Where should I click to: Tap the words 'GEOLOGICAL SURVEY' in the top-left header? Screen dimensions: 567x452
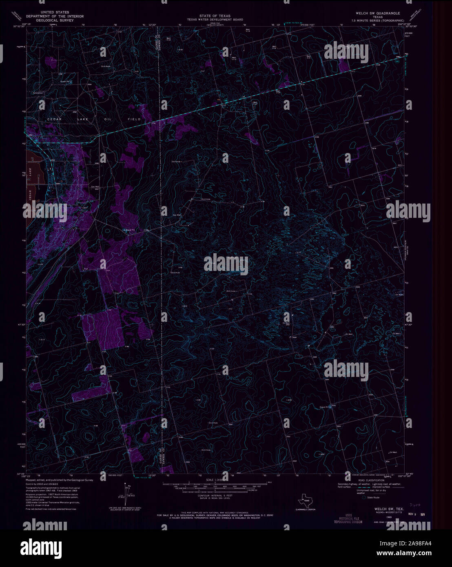pyautogui.click(x=55, y=20)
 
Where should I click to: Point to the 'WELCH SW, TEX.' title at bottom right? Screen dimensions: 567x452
pyautogui.click(x=384, y=509)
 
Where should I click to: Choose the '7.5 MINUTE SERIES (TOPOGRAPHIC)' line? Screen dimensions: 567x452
pyautogui.click(x=377, y=20)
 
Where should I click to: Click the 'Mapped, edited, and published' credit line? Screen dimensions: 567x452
pyautogui.click(x=59, y=481)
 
